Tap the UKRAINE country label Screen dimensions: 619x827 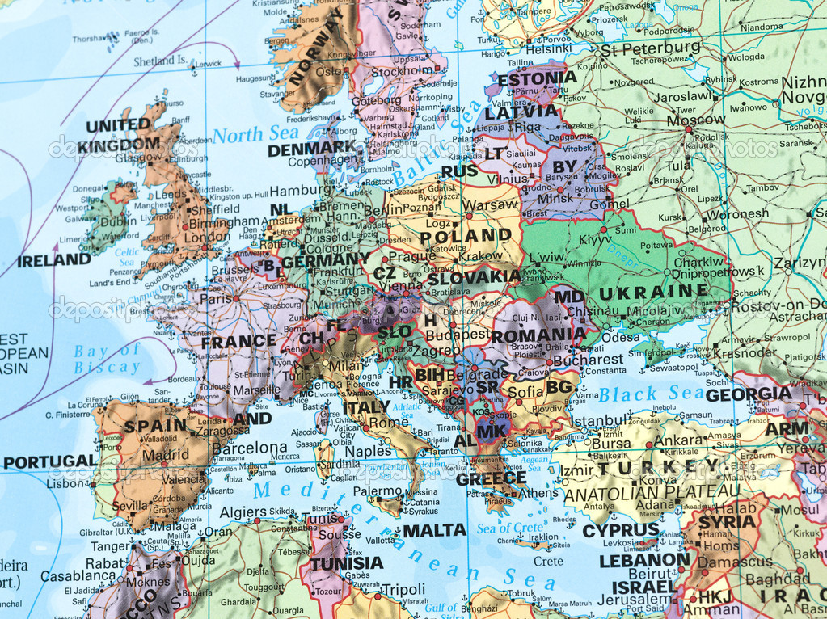653,291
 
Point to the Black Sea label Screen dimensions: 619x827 651,394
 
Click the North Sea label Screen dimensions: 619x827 255,134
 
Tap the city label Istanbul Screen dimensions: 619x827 599,421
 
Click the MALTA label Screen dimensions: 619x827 435,530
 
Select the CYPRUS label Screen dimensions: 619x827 621,530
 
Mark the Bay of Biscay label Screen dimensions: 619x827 107,359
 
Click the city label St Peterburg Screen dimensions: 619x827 649,48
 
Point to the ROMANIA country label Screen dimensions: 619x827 539,335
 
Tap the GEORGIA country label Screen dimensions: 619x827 748,394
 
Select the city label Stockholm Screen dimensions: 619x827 403,70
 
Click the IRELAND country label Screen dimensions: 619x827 54,260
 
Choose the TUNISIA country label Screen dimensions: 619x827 347,563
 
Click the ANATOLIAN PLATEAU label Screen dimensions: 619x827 652,491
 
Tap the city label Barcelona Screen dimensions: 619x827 249,448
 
